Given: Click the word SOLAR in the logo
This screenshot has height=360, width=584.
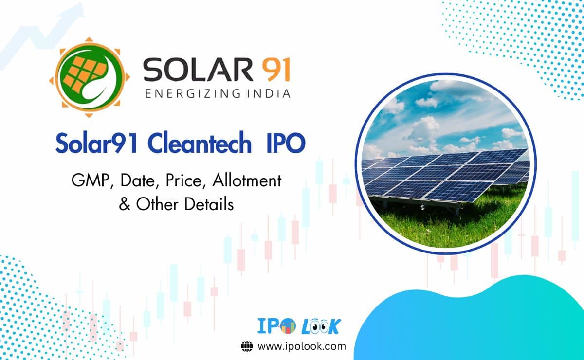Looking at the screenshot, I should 197,70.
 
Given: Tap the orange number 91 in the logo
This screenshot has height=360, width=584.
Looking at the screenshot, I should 274,70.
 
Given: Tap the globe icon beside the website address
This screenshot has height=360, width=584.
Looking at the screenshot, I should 247,346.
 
